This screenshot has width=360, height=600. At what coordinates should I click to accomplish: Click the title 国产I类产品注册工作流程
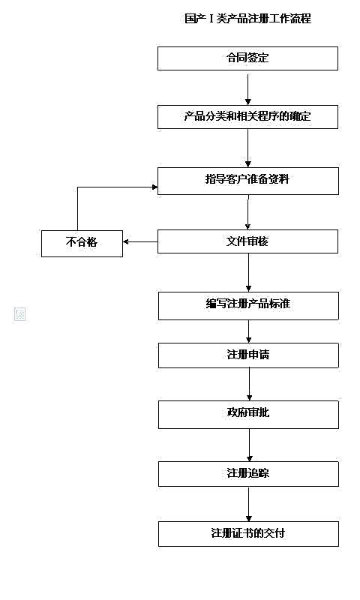point(247,19)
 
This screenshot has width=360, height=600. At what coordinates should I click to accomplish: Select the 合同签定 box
point(247,58)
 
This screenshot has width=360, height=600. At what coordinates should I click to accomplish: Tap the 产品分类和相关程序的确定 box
point(247,117)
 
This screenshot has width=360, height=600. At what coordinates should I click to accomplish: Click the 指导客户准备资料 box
point(247,181)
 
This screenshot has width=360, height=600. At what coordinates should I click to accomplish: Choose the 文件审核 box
point(247,241)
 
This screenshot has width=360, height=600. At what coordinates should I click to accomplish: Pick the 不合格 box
point(82,242)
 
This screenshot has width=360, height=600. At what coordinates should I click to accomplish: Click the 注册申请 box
point(247,355)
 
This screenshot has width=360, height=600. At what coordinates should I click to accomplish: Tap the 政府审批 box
point(247,414)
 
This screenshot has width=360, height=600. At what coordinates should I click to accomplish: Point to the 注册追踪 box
point(247,473)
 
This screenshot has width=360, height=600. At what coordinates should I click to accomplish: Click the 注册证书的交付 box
point(247,534)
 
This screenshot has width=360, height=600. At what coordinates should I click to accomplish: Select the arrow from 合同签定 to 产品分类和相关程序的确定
point(247,88)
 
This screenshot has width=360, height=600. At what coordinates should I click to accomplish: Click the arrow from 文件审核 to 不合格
point(140,241)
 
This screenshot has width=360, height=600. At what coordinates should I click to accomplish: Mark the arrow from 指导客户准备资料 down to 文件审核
point(247,211)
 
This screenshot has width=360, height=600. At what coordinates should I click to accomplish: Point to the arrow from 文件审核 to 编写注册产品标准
point(247,273)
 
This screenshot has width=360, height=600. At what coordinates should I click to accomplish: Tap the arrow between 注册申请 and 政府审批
point(249,385)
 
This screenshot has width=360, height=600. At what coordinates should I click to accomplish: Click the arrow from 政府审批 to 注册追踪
point(249,444)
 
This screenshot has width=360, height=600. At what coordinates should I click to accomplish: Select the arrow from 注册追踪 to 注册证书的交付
point(249,504)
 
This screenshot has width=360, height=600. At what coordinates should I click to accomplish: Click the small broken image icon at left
point(20,314)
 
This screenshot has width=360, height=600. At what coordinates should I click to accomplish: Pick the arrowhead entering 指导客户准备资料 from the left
point(152,187)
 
